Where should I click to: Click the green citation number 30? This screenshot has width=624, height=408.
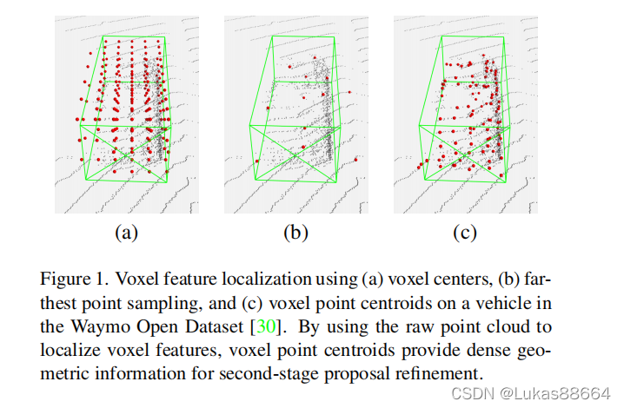264,328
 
